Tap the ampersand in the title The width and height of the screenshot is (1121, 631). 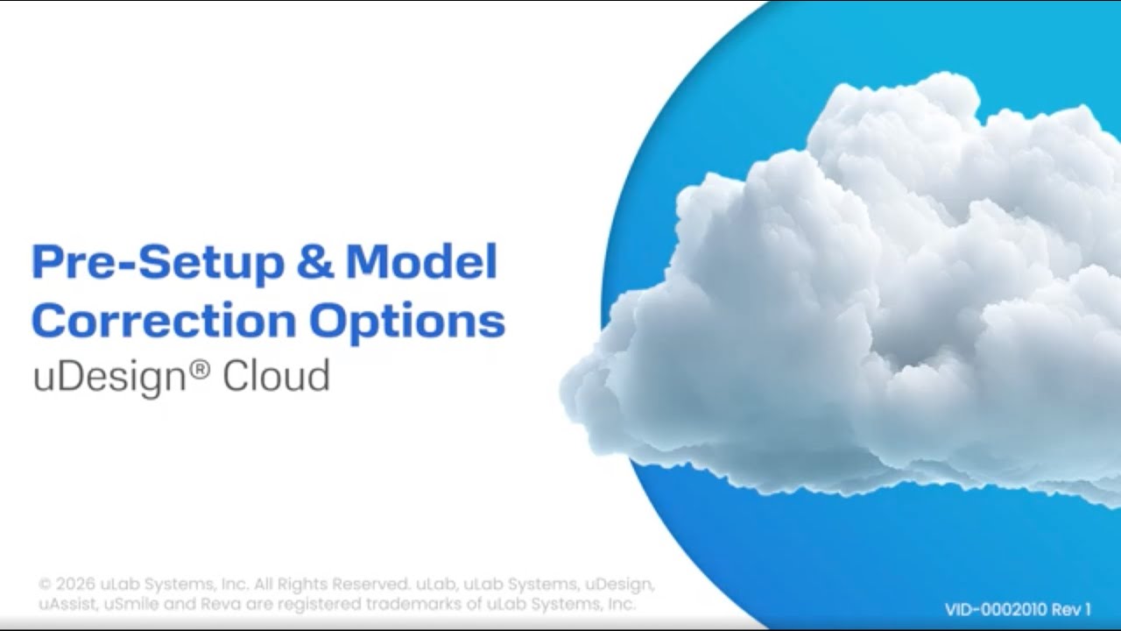(314, 262)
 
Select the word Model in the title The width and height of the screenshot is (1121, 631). (421, 262)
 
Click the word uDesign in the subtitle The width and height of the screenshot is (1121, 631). (109, 376)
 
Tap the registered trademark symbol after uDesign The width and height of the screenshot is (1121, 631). (200, 370)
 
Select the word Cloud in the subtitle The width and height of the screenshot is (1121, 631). (275, 376)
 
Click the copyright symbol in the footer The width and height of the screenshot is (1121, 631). (46, 585)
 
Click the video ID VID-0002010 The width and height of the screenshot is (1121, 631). (995, 610)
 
